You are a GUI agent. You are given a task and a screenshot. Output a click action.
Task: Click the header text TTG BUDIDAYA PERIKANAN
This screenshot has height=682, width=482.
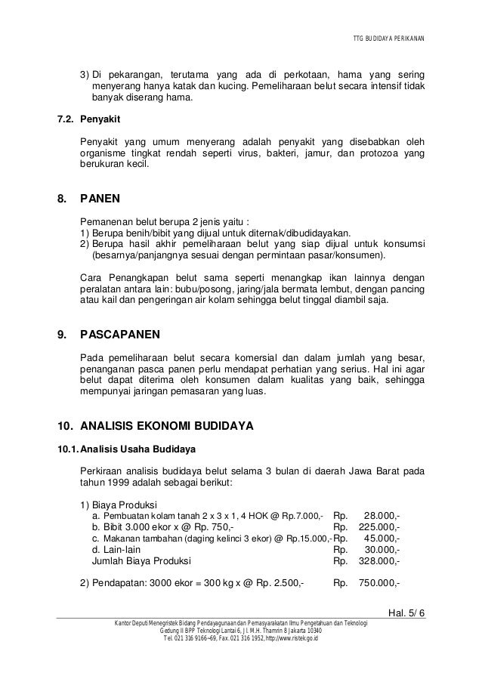389,39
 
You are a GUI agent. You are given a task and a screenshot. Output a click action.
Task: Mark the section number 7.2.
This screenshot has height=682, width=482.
59,119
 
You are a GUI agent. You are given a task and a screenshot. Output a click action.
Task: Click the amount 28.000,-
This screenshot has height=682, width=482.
382,515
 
